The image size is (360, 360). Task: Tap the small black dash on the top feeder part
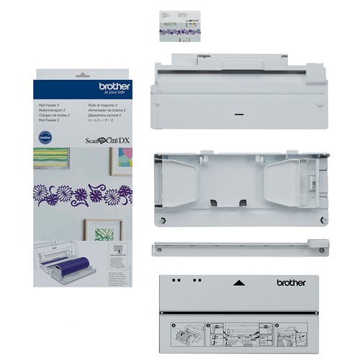click(x=238, y=113)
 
